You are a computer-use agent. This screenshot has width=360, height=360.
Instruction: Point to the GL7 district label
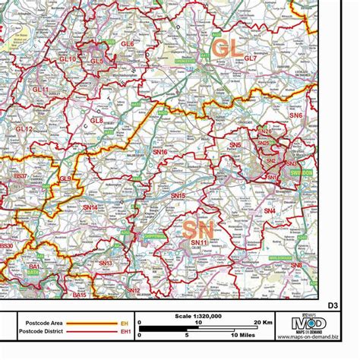(x=250, y=58)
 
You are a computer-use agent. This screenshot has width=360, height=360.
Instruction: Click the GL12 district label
(x=24, y=130)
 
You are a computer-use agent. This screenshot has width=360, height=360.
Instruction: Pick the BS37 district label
(x=21, y=176)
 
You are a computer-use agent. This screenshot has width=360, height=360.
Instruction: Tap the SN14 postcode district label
(x=90, y=207)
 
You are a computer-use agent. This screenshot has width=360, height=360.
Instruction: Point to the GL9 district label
(x=66, y=178)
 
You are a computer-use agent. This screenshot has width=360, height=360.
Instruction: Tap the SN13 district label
(x=105, y=263)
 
